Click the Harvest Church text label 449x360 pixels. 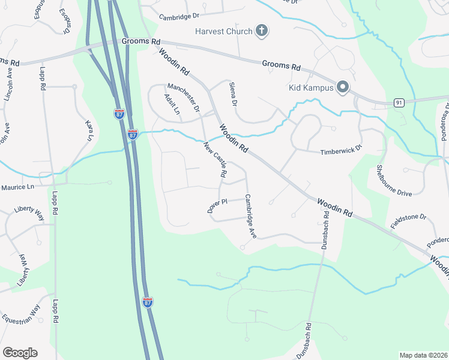223,31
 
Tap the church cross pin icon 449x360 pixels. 261,31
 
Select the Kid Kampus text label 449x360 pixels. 310,87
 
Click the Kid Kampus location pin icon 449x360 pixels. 343,88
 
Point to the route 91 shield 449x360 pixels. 399,103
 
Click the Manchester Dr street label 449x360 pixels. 184,98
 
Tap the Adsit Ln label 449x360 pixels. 172,103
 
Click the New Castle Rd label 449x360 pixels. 215,159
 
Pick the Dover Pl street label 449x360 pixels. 217,205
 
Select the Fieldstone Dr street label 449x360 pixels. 408,221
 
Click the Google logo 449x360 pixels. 20,353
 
